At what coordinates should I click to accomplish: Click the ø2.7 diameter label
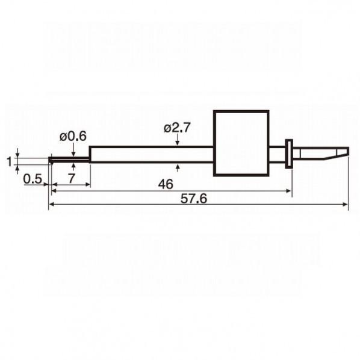(177, 128)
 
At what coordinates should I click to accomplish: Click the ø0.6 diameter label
(73, 137)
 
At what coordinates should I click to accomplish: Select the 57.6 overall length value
(194, 199)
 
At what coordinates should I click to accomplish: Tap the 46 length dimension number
(166, 184)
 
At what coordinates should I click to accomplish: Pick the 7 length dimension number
(72, 178)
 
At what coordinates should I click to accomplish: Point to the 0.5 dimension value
(33, 179)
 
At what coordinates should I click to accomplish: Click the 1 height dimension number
(9, 161)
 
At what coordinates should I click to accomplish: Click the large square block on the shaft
(241, 143)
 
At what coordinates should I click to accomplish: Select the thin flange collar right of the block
(289, 154)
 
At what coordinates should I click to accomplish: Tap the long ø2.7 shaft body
(152, 154)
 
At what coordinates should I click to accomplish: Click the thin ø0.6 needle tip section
(69, 159)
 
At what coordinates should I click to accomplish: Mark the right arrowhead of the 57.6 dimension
(346, 204)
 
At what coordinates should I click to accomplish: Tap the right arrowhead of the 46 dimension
(288, 191)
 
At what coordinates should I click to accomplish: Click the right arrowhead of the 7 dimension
(87, 184)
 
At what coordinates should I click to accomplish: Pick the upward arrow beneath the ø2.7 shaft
(177, 168)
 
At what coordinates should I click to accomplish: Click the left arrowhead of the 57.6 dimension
(52, 204)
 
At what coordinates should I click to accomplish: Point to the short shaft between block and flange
(278, 154)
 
